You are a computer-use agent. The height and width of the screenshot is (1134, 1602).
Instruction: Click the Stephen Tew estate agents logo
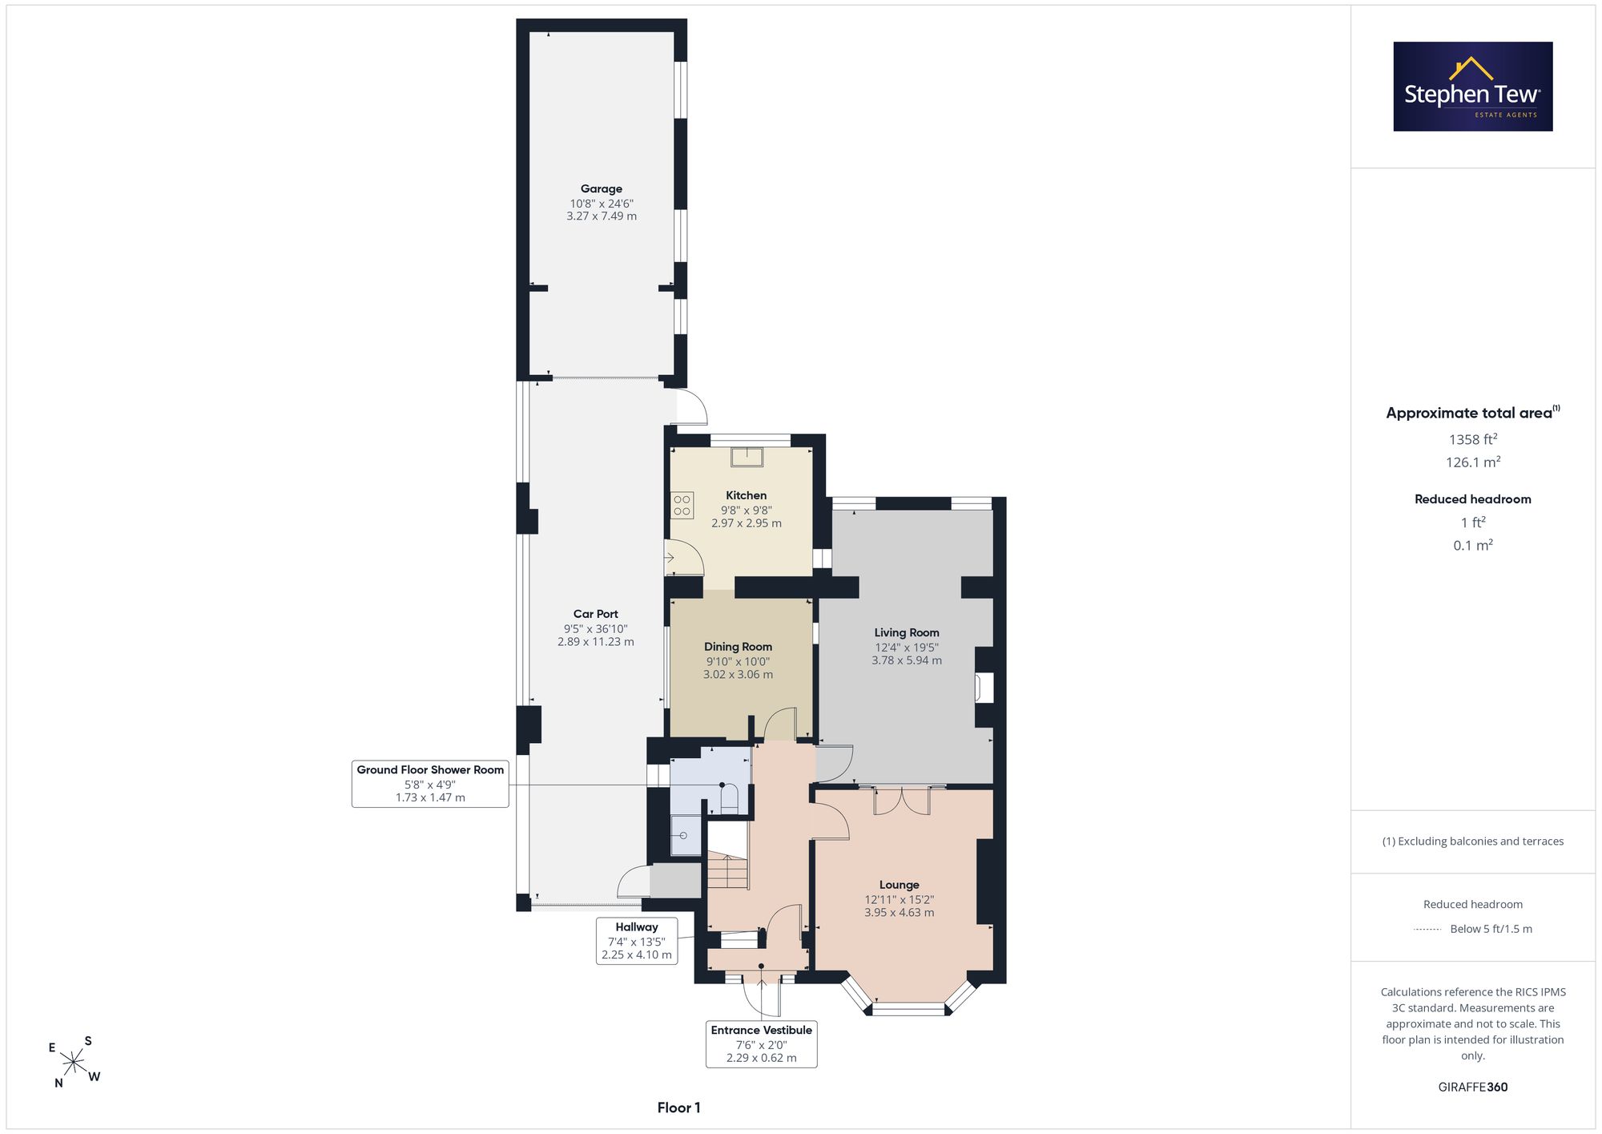[x=1472, y=87]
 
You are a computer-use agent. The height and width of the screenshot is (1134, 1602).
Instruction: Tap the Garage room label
[x=602, y=189]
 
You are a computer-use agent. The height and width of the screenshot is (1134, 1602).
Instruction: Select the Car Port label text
[x=596, y=614]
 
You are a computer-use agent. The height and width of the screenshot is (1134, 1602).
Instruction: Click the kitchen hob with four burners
[x=682, y=506]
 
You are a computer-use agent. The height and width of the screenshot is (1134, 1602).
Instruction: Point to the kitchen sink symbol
[x=747, y=457]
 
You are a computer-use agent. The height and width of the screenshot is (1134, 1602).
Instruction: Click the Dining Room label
[x=738, y=647]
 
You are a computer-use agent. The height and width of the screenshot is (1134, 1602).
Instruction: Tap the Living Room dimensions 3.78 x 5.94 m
[x=907, y=660]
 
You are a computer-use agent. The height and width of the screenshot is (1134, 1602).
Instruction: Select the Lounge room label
[x=899, y=885]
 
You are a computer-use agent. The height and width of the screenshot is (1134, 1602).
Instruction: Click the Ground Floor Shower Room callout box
[x=430, y=783]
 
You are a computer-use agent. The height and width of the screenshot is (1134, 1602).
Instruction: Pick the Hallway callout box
[x=637, y=941]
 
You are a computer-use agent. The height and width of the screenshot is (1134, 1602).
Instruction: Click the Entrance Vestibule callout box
[x=762, y=1043]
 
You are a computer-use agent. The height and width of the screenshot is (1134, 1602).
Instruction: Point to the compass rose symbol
[x=74, y=1063]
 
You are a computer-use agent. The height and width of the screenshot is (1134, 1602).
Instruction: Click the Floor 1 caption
[x=679, y=1108]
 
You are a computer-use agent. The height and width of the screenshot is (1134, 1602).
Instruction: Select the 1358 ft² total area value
[x=1472, y=439]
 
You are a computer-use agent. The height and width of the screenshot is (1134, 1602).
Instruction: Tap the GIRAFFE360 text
[x=1472, y=1087]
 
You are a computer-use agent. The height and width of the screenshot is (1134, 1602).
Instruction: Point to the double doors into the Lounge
[x=902, y=801]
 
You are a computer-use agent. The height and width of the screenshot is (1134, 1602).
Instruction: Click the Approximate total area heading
[x=1472, y=413]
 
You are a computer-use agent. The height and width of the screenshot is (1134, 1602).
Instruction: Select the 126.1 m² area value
[x=1472, y=462]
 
